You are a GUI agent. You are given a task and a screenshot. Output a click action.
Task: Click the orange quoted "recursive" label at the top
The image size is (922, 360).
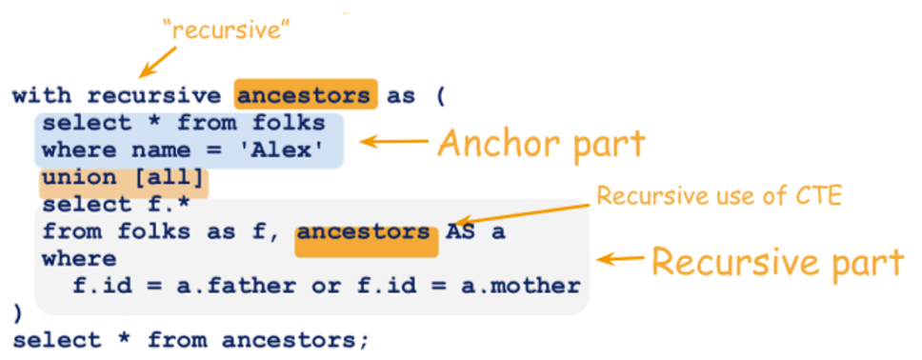(227, 31)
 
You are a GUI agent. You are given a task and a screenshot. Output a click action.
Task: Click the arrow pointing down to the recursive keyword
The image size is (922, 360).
(157, 61)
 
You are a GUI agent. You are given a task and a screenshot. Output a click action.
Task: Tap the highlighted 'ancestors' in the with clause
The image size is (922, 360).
(305, 96)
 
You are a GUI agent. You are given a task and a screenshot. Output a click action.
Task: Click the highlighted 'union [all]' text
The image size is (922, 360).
(124, 177)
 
